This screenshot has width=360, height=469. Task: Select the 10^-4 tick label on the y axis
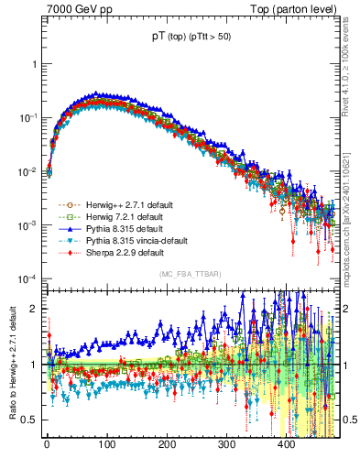click(29, 278)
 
